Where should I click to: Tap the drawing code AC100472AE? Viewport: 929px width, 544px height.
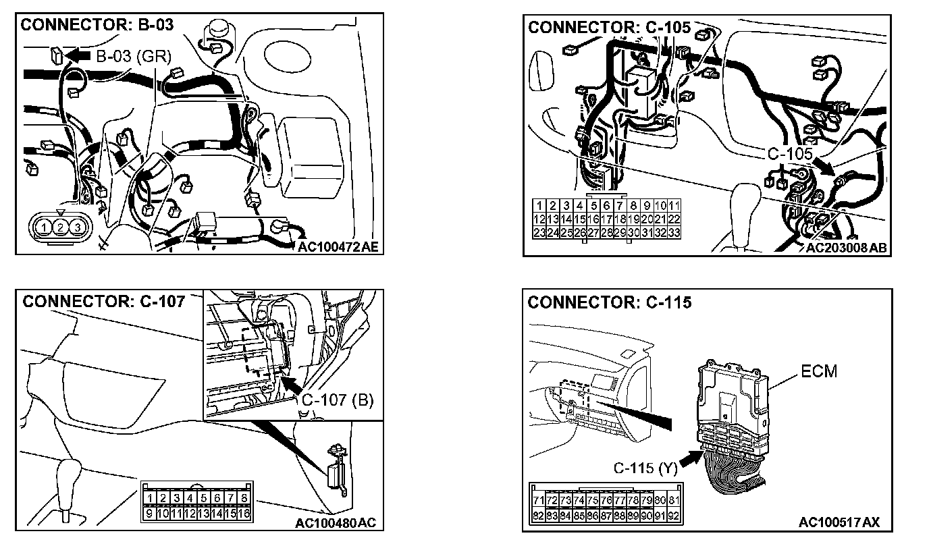[x=338, y=248]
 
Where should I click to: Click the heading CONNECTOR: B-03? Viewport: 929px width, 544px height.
[x=97, y=26]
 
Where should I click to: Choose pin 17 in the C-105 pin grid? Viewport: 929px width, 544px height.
[x=606, y=219]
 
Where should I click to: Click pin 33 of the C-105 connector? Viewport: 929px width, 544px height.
[x=673, y=232]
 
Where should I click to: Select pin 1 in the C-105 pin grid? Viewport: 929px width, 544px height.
[x=539, y=205]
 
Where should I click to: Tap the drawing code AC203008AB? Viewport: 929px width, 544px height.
[x=847, y=248]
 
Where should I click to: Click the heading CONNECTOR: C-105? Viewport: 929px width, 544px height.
[x=610, y=28]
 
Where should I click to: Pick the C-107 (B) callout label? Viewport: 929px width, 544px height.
[x=337, y=400]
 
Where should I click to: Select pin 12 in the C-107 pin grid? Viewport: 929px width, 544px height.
[x=190, y=513]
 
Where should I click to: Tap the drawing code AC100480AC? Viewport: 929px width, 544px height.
[x=335, y=523]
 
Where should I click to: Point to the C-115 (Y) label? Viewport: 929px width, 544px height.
[x=645, y=467]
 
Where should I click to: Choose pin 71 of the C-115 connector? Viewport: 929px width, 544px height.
[x=539, y=500]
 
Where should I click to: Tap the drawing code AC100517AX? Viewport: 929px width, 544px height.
[x=839, y=522]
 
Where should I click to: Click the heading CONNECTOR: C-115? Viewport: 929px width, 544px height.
[x=610, y=302]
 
